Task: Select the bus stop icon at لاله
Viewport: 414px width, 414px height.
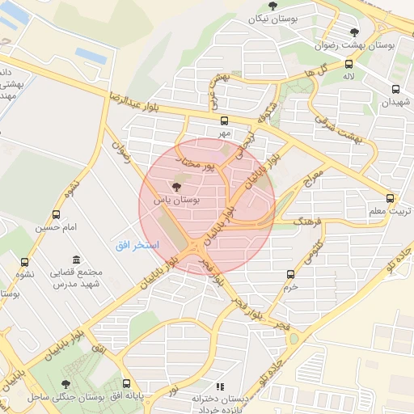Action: click(x=349, y=64)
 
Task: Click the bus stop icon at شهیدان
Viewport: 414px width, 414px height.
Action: click(x=395, y=90)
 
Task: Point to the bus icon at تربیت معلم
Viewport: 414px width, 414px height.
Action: click(x=390, y=198)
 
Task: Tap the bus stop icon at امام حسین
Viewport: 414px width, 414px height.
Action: click(x=56, y=214)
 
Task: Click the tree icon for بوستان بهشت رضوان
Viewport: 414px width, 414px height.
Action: click(x=354, y=32)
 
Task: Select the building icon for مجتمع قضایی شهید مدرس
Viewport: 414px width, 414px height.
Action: click(x=76, y=260)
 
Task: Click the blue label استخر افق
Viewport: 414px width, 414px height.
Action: click(x=137, y=244)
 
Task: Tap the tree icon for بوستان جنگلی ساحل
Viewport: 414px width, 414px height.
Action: click(x=65, y=385)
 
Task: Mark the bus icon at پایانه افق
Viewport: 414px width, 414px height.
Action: click(x=126, y=383)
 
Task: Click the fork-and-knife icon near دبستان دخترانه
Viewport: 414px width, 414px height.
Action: click(x=221, y=387)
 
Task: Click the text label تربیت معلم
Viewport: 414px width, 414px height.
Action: click(x=390, y=211)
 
